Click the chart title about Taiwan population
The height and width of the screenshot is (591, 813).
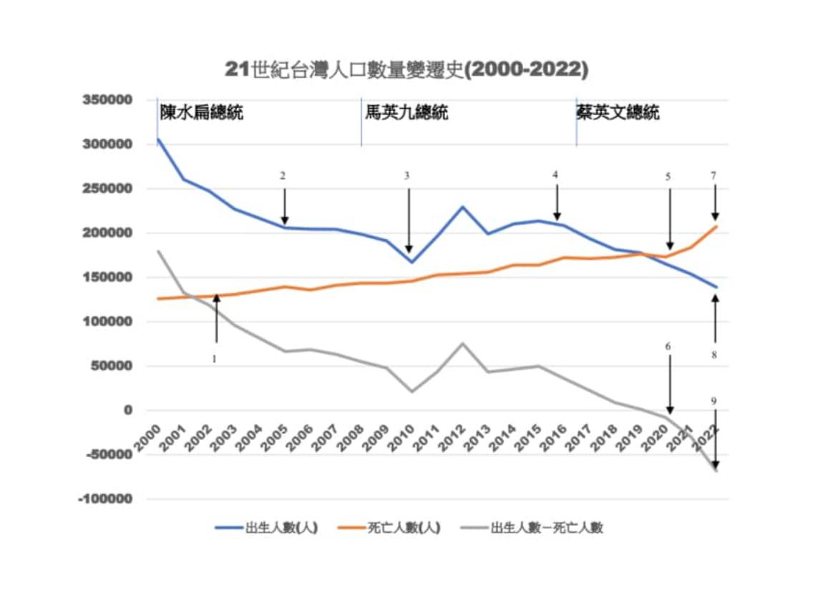406,69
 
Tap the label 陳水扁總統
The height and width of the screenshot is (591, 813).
201,112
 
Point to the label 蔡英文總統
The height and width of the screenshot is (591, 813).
618,112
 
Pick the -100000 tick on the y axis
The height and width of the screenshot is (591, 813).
106,499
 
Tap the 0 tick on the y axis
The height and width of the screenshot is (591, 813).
127,410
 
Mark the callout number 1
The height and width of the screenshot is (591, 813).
213,359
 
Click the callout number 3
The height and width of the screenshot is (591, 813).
408,176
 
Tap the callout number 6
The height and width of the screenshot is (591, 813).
668,347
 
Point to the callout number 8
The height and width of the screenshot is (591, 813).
714,355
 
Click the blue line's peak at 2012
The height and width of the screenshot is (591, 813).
462,207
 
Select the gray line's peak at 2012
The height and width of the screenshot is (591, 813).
462,343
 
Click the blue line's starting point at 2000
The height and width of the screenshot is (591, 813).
157,139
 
